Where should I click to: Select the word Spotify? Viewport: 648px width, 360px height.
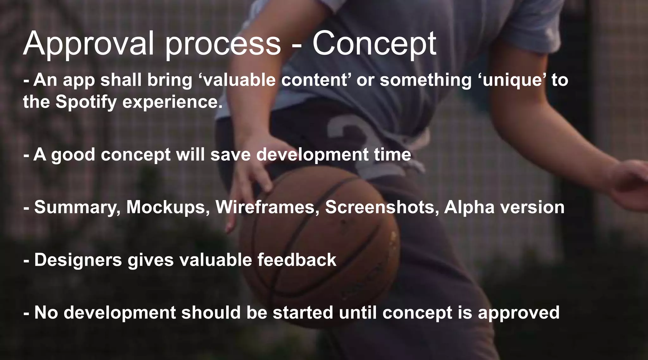point(86,102)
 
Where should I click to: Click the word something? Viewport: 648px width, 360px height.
point(426,80)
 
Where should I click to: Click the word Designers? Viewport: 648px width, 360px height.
point(78,260)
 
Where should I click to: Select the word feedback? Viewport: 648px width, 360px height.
point(296,259)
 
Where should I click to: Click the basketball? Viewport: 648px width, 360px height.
point(320,244)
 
